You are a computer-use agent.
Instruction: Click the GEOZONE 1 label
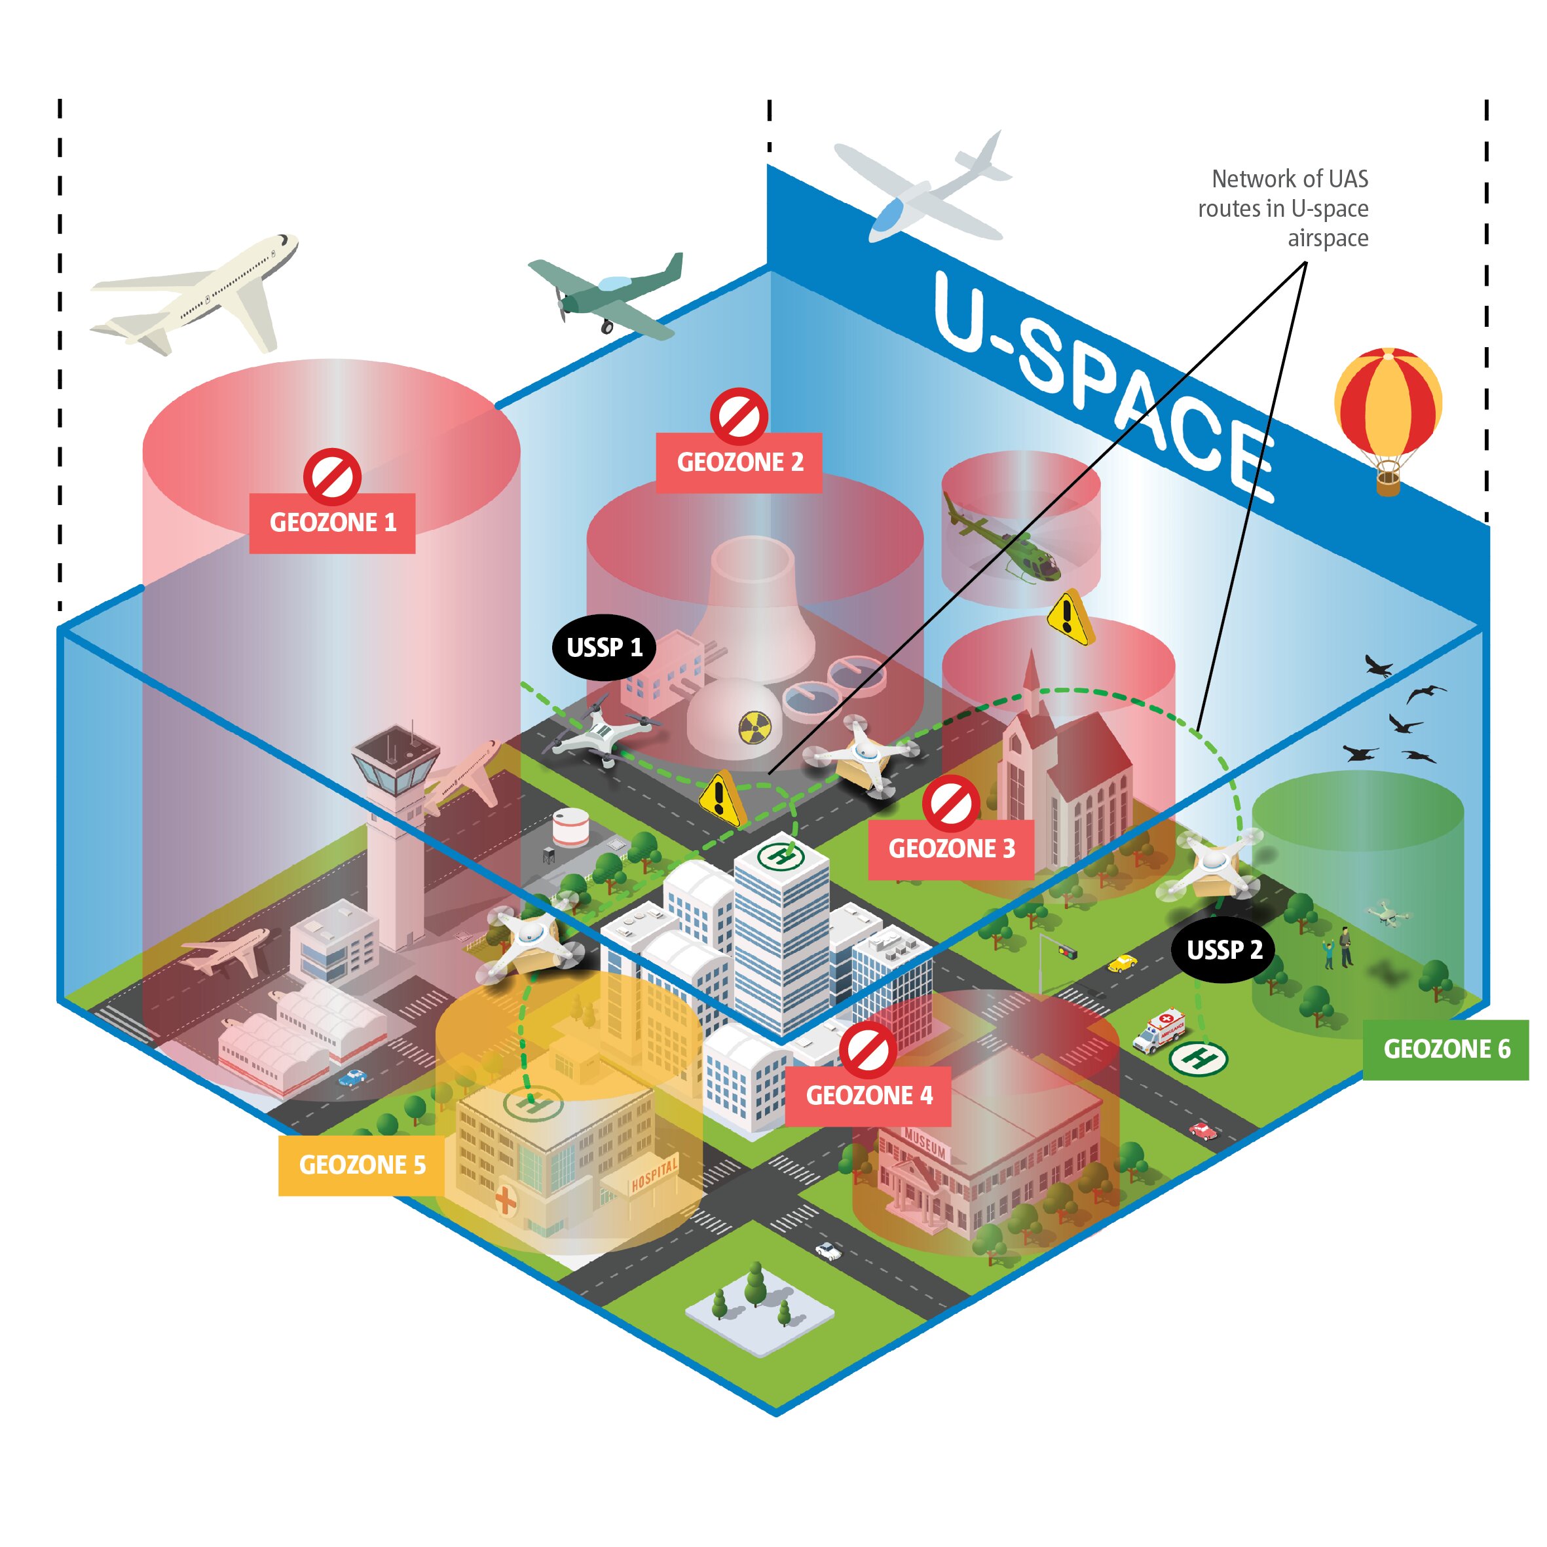click(332, 523)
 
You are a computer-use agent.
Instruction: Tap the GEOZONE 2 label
click(739, 462)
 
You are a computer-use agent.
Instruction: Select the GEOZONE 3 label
click(950, 849)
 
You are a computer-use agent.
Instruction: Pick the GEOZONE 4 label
click(868, 1095)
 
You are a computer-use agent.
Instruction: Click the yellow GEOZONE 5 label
click(362, 1165)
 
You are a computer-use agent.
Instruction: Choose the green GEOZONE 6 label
click(1445, 1049)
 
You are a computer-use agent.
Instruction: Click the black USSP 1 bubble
click(604, 647)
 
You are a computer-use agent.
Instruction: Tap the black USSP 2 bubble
click(1223, 950)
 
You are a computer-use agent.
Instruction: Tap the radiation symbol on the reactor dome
click(753, 727)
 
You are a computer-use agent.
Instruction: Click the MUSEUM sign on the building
click(925, 1144)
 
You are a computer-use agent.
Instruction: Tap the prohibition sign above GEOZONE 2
click(738, 417)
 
